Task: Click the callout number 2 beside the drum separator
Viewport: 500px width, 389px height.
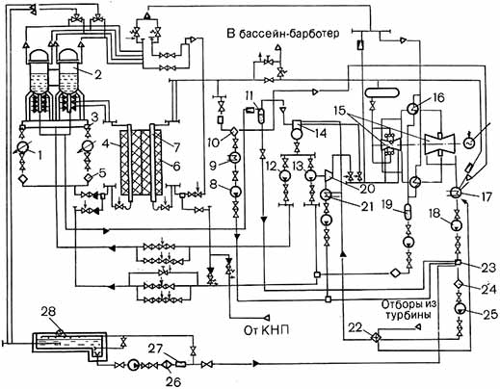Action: [x=98, y=74]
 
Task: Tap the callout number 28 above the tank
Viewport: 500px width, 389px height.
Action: [x=48, y=312]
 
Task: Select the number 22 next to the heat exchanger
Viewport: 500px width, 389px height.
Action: [x=355, y=328]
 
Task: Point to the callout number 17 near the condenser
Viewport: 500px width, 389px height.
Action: [x=486, y=196]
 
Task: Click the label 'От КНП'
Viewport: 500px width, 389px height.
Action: [x=266, y=330]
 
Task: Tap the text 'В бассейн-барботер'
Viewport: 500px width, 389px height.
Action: [x=283, y=34]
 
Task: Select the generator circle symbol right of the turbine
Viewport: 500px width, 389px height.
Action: [x=469, y=143]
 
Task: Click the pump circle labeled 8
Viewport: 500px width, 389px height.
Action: [x=236, y=192]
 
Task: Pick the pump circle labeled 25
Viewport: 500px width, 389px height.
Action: [x=461, y=308]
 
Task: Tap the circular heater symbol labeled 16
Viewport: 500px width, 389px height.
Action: [x=412, y=109]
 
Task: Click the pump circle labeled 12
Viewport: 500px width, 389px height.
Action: [x=285, y=175]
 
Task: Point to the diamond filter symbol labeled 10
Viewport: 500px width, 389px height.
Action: [x=234, y=132]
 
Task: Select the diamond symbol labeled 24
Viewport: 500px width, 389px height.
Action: [x=459, y=284]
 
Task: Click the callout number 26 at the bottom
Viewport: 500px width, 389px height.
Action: [x=173, y=381]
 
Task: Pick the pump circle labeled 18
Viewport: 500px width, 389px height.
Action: [x=455, y=224]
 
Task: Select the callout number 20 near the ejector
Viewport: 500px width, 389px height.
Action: [x=367, y=188]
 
